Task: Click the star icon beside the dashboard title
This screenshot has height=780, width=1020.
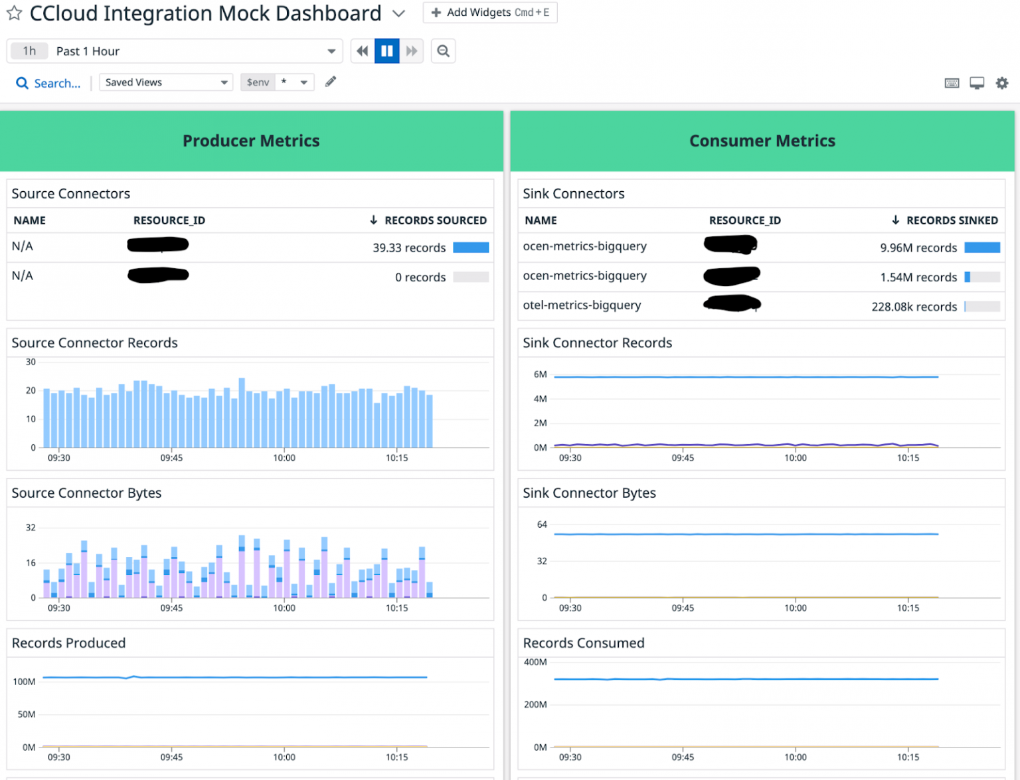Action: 14,13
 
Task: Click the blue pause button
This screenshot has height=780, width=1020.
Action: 386,51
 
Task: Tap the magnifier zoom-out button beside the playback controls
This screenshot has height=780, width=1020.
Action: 443,51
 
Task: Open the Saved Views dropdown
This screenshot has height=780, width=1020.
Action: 165,82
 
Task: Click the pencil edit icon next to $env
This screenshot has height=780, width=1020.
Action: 330,82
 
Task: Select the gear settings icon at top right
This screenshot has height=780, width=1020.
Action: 1001,83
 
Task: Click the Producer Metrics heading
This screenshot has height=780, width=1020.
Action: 251,141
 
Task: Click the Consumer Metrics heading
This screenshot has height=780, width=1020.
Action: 762,141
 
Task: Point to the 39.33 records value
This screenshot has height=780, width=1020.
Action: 409,248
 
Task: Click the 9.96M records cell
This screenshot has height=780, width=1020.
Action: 918,248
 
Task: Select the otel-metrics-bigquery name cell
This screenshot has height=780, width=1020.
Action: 582,305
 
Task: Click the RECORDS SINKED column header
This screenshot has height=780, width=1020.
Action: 951,220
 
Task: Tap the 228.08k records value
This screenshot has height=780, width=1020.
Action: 914,307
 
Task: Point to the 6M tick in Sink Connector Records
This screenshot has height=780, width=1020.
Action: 540,374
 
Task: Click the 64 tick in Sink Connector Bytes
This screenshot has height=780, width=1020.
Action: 542,524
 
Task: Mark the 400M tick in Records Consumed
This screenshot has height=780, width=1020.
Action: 535,662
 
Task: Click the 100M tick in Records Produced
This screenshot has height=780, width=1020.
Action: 25,682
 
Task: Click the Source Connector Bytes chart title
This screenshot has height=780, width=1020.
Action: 86,493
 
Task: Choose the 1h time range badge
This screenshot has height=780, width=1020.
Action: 29,51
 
